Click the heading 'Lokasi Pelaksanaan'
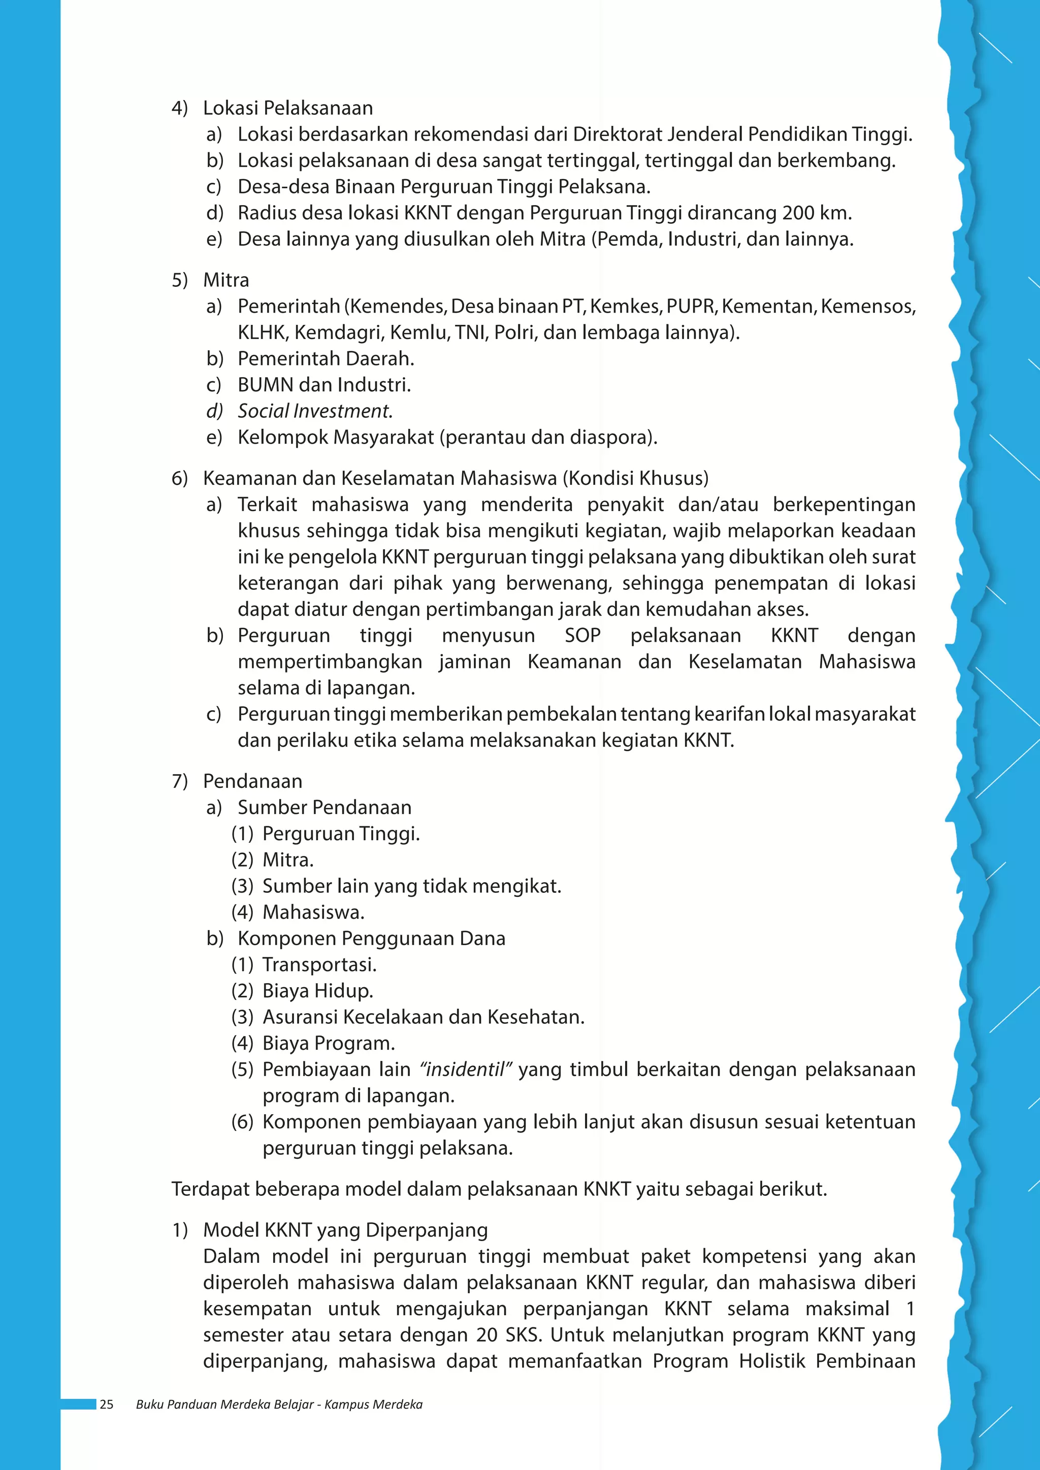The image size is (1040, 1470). (x=287, y=108)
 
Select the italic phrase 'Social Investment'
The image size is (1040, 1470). (x=314, y=411)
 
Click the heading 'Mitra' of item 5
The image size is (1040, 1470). (x=225, y=280)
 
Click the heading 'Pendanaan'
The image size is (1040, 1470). (x=252, y=781)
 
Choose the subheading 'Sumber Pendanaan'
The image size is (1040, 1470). (x=324, y=808)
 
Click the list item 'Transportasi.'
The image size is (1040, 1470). (x=319, y=964)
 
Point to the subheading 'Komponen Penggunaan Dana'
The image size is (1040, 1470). (x=371, y=938)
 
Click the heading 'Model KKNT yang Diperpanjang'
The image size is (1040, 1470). (x=345, y=1230)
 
